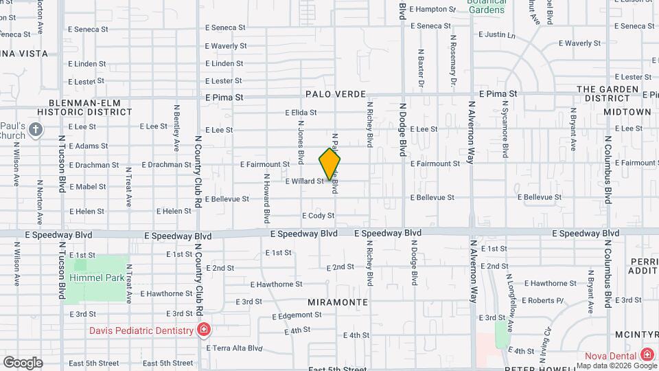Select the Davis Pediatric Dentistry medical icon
(x=203, y=331)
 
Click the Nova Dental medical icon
(x=646, y=355)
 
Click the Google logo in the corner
(x=23, y=362)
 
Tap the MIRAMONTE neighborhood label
(x=338, y=302)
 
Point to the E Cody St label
(x=318, y=216)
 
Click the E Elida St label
(x=301, y=113)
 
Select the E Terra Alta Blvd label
(x=235, y=348)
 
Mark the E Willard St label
(x=303, y=181)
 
